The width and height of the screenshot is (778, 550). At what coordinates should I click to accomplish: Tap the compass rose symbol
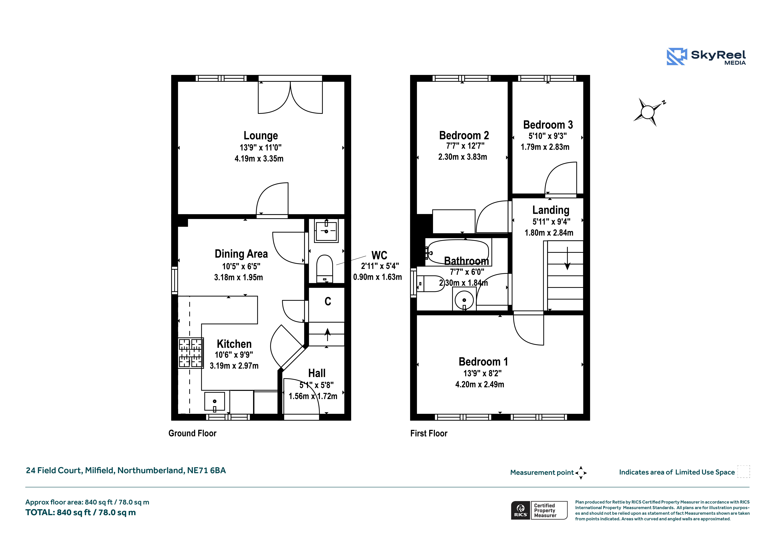(648, 112)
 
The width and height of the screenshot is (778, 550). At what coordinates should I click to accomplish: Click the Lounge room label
(261, 136)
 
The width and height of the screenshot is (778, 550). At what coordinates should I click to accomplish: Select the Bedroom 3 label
(548, 125)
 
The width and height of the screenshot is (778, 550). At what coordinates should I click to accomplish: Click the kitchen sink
(214, 402)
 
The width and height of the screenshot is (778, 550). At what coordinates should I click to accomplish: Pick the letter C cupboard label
(328, 301)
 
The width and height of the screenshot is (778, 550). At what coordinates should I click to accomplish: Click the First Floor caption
(429, 433)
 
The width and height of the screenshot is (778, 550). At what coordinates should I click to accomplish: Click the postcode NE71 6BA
(206, 470)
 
